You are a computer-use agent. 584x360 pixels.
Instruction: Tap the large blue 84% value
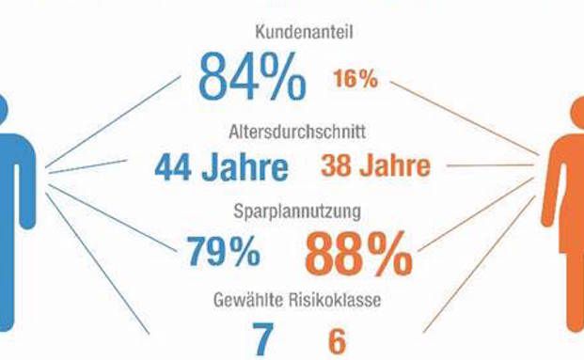[x=251, y=77]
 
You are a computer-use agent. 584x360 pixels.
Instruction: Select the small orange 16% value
[x=355, y=79]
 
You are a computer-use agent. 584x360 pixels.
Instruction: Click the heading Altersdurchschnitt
[x=292, y=131]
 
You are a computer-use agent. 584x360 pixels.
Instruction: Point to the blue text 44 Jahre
[x=222, y=169]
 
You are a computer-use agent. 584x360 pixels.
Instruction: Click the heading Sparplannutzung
[x=292, y=212]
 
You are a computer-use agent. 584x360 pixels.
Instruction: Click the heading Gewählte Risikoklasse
[x=292, y=302]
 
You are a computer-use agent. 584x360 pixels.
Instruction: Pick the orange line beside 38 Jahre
[x=489, y=168]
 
